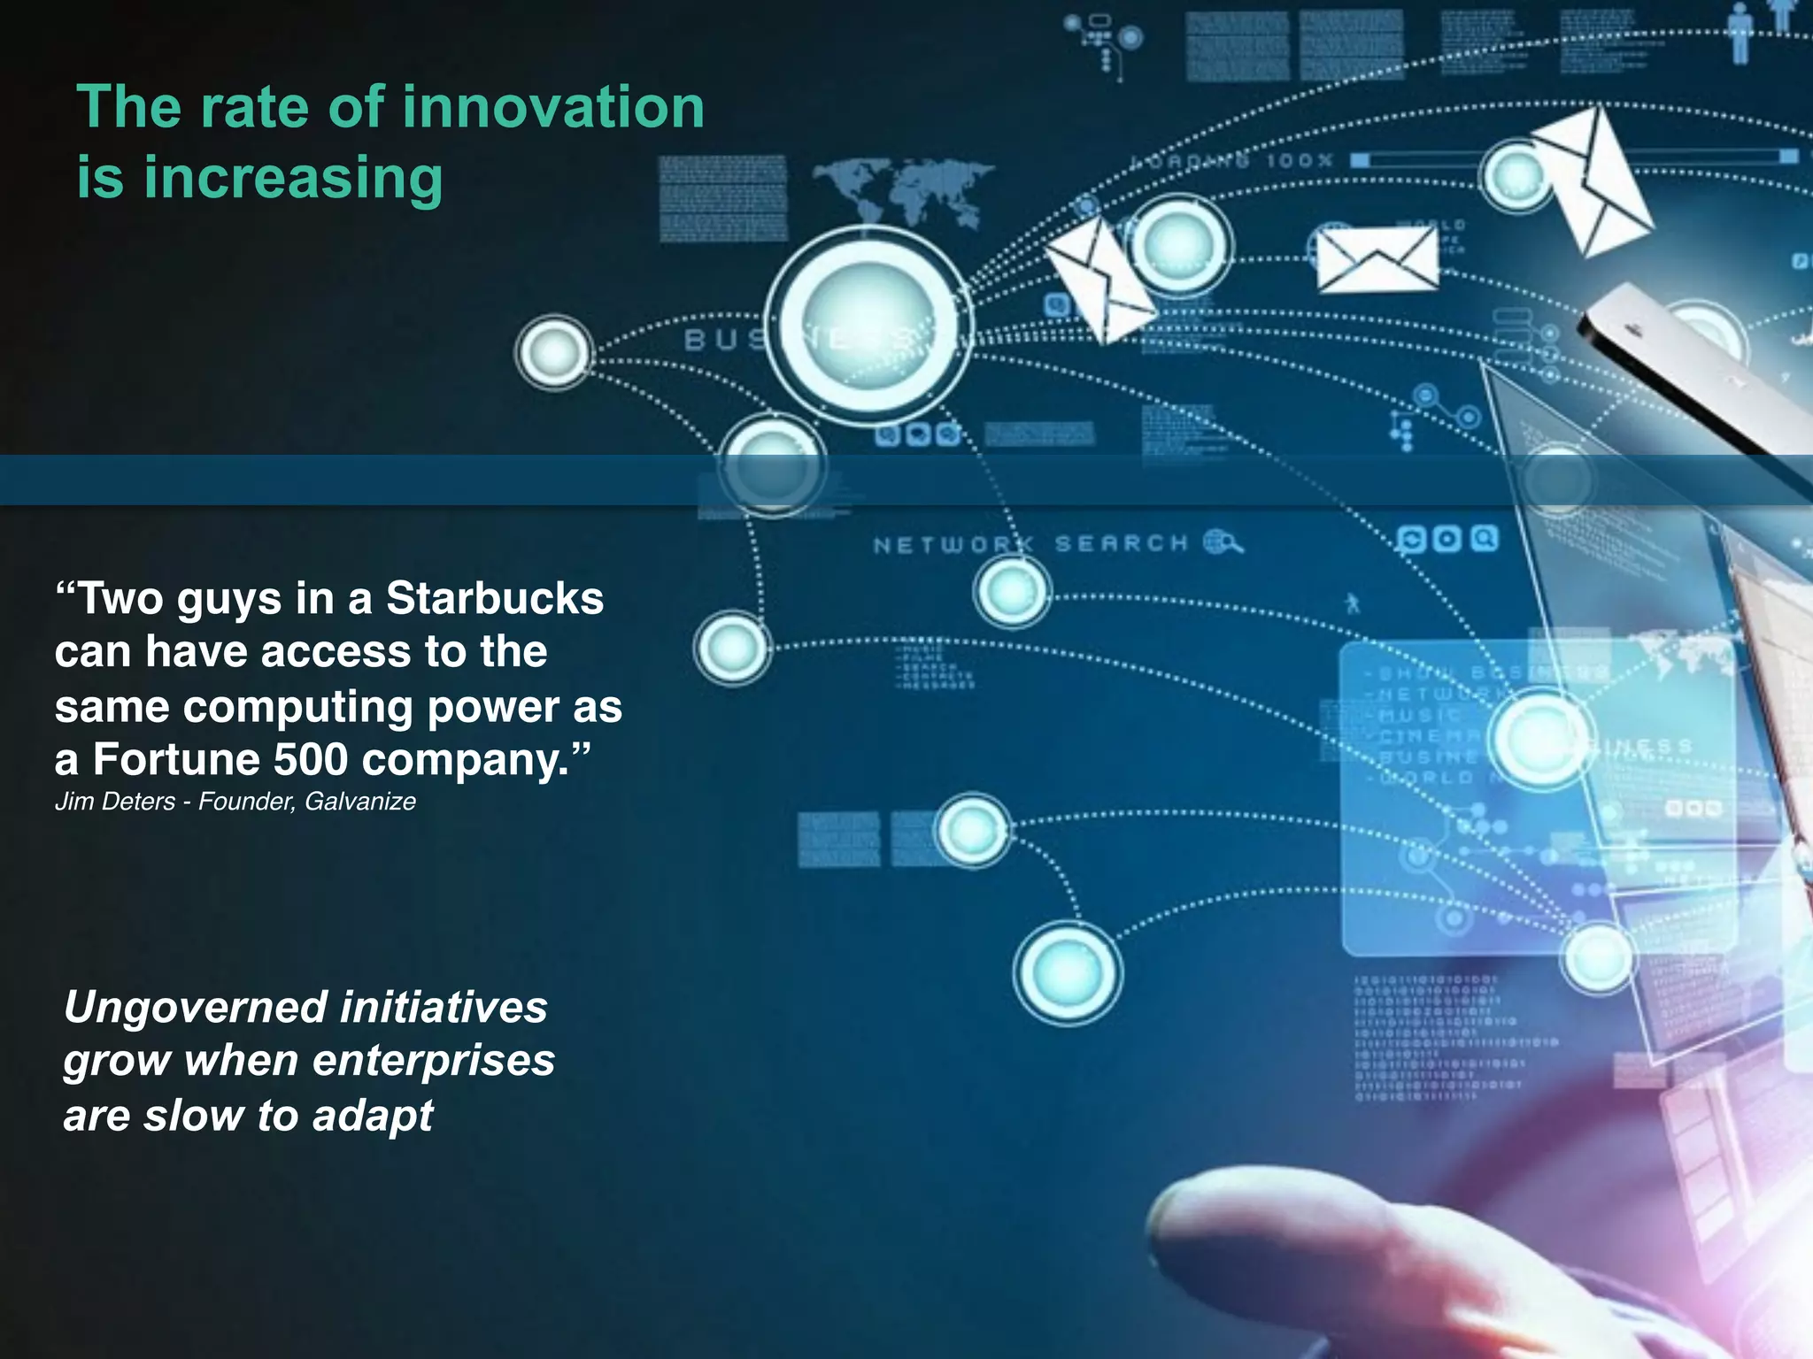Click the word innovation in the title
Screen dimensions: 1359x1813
pos(553,107)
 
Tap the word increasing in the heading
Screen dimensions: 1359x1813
pos(293,178)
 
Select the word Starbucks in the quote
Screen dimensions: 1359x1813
pos(495,598)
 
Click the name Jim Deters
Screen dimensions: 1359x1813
pos(115,802)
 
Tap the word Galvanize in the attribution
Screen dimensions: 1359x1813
pos(360,802)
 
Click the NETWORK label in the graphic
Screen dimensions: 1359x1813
pos(953,545)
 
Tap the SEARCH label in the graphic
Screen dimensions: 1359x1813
pos(1121,543)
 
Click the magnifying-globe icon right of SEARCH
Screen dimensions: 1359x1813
pos(1223,541)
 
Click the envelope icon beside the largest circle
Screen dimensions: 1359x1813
pos(1100,279)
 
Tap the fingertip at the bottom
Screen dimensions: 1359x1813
pos(1195,1221)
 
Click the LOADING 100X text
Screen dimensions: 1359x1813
pos(1231,161)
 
